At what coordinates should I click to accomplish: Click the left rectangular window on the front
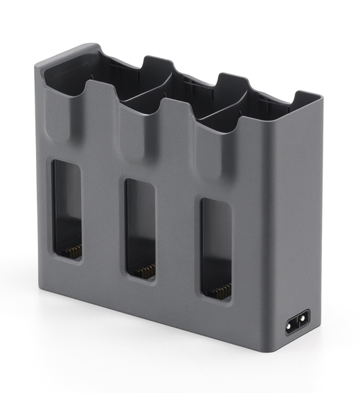click(67, 210)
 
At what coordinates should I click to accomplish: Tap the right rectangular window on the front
click(217, 250)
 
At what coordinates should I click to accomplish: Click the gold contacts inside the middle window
click(147, 271)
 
